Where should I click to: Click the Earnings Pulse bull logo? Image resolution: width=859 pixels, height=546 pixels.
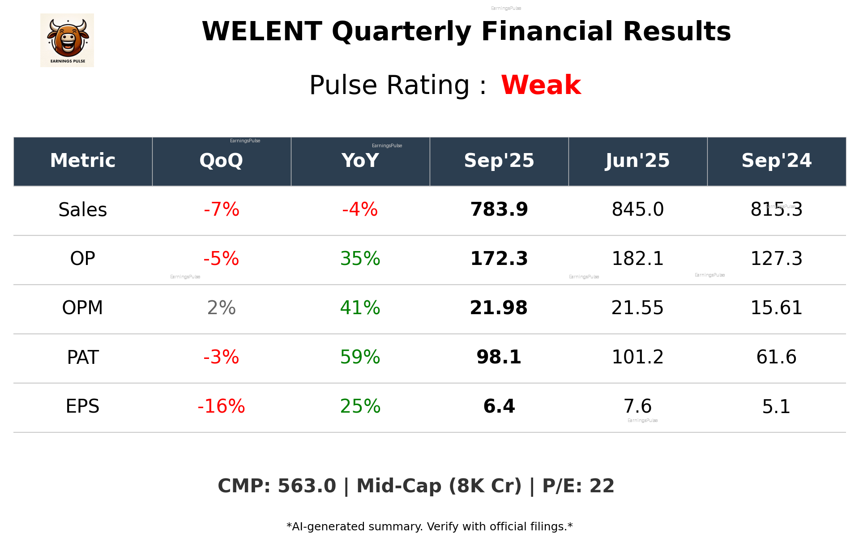(x=67, y=40)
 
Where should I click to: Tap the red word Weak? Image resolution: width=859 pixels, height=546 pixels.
(x=541, y=85)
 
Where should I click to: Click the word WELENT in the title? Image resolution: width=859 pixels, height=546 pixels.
(x=262, y=32)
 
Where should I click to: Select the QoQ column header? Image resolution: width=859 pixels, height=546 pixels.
(x=221, y=161)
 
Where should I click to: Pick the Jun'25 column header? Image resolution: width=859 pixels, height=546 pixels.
(x=637, y=161)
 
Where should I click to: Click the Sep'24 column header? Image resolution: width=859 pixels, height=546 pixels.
(x=776, y=161)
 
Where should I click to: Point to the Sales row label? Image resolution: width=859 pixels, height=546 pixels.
(x=83, y=210)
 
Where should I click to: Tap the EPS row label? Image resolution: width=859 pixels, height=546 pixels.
(x=83, y=406)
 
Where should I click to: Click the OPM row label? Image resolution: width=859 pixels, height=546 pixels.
(x=83, y=308)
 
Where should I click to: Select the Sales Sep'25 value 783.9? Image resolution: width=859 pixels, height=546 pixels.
(x=499, y=209)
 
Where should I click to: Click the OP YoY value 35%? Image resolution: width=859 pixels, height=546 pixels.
(x=360, y=259)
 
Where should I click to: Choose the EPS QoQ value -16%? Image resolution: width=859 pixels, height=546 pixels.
(x=221, y=406)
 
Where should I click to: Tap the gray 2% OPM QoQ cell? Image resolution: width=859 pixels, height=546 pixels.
(x=221, y=308)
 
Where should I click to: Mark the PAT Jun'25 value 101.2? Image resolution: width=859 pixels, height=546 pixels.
(x=637, y=357)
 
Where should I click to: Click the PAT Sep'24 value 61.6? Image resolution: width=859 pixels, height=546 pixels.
(x=776, y=357)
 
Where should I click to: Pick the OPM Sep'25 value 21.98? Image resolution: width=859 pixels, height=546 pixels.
(x=499, y=308)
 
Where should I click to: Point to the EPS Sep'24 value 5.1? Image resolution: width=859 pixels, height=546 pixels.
(x=776, y=406)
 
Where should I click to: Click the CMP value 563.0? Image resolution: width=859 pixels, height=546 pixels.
(x=307, y=486)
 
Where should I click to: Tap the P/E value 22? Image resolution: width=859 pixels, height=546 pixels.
(x=602, y=486)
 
